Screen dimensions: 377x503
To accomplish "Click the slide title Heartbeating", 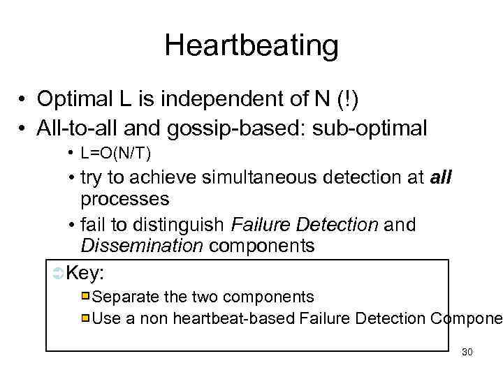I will (x=251, y=46).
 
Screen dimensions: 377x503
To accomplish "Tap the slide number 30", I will (x=467, y=352).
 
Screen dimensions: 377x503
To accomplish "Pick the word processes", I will (x=125, y=199).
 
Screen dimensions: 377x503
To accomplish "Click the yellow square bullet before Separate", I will (x=85, y=296).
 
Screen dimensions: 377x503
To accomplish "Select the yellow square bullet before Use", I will (x=85, y=319).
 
